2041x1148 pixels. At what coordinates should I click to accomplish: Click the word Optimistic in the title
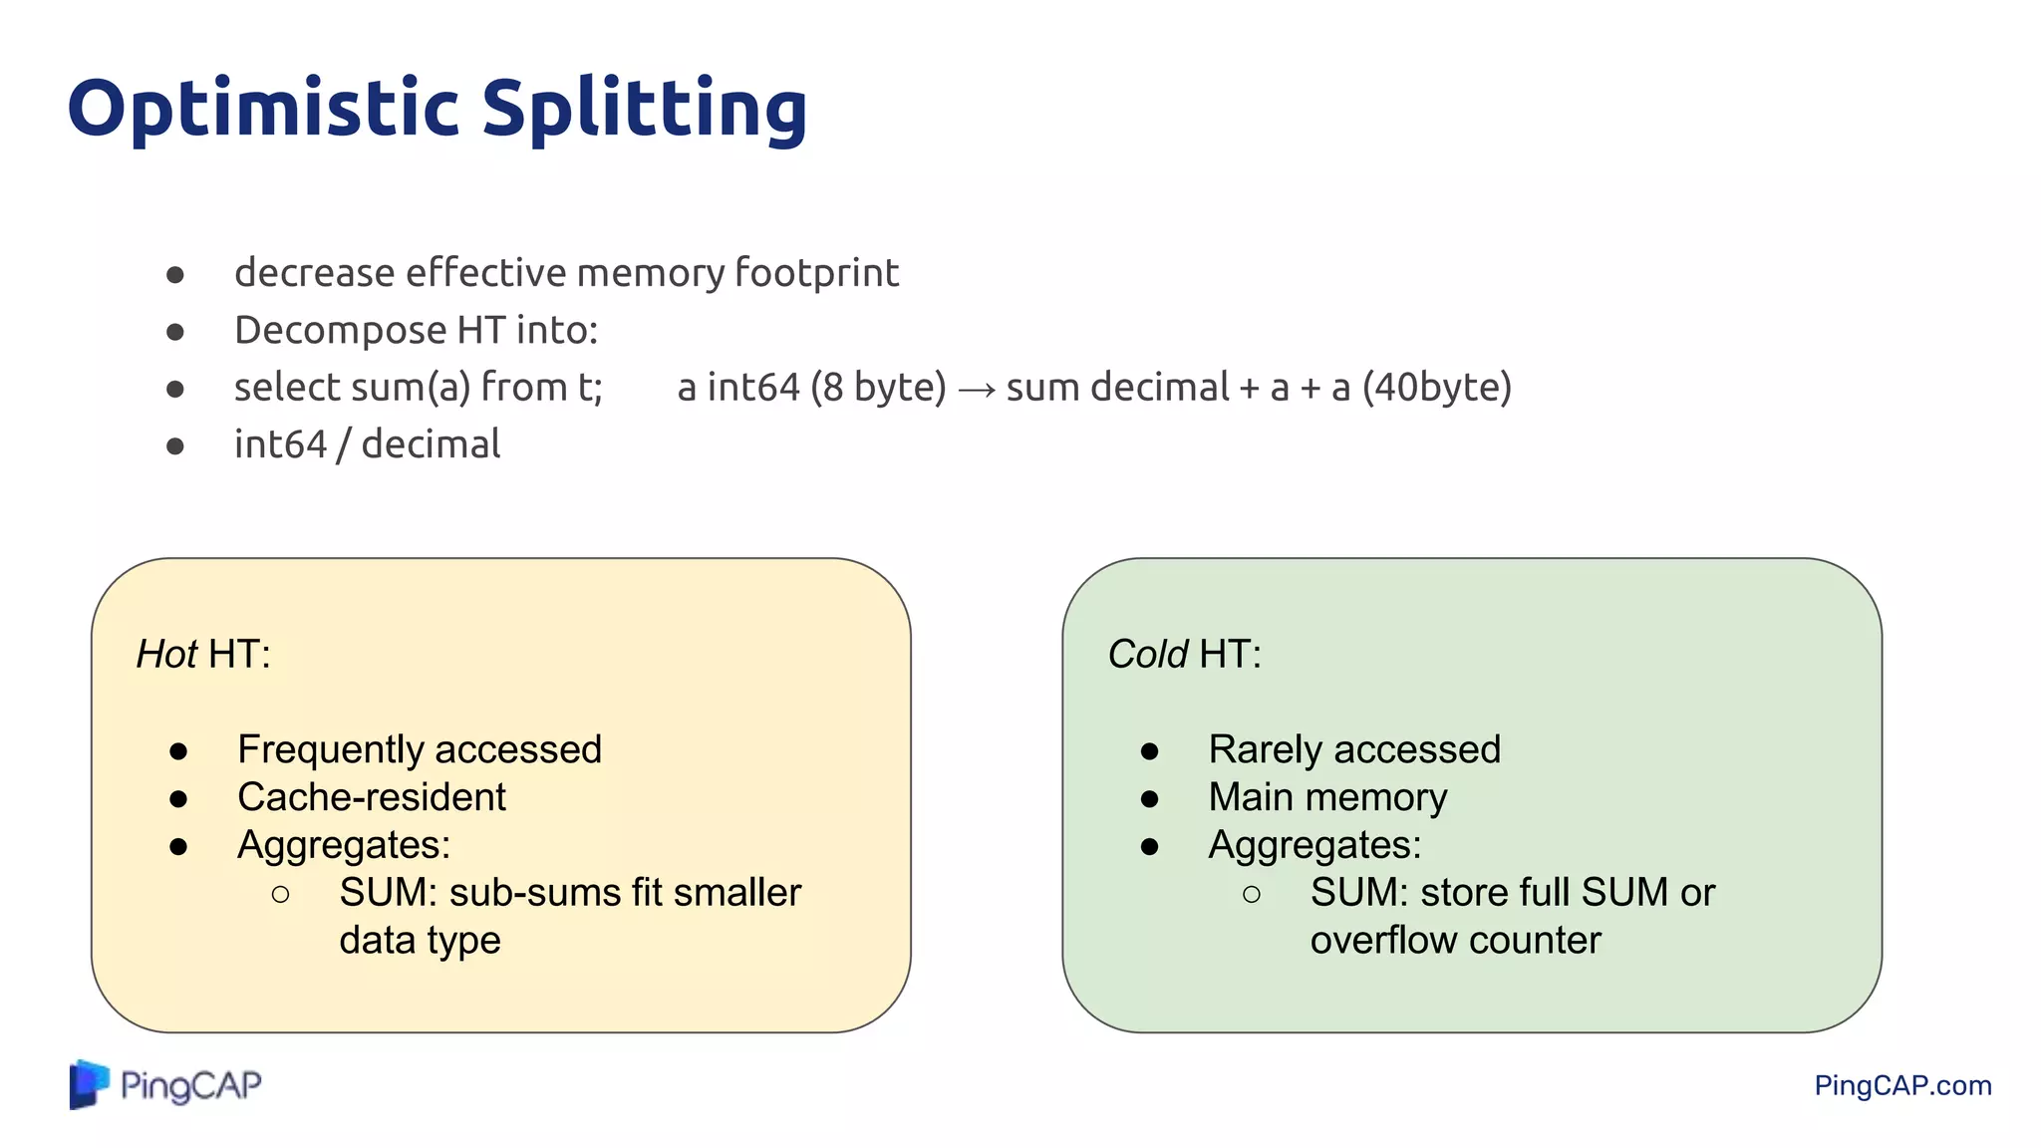[263, 109]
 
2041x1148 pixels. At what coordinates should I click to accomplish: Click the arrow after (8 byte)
[976, 389]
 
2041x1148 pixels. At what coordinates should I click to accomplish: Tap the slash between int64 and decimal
[344, 445]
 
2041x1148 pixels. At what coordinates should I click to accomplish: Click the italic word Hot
[166, 655]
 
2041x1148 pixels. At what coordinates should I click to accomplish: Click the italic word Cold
[1147, 655]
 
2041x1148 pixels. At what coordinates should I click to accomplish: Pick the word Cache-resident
[371, 797]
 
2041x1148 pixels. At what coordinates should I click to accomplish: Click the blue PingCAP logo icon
[89, 1084]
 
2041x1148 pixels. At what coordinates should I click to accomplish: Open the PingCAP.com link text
[1901, 1085]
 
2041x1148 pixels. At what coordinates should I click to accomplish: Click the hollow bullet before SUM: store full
[1252, 894]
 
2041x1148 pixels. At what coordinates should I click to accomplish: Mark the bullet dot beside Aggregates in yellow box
[178, 846]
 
